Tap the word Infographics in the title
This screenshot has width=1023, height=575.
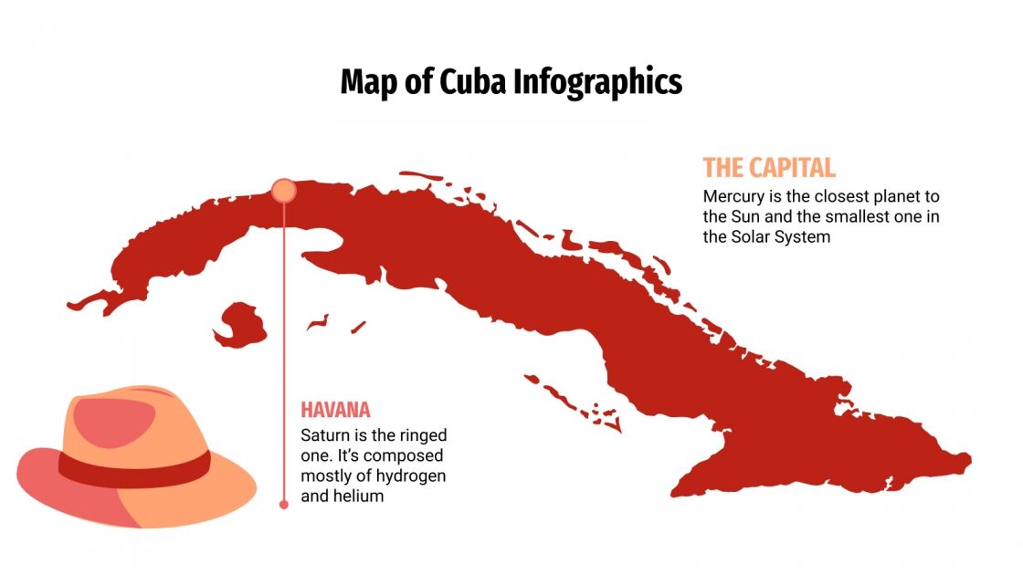(597, 81)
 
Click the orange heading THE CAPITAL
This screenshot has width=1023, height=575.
(768, 168)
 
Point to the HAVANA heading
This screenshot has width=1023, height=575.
(335, 411)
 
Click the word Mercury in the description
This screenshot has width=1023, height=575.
(733, 196)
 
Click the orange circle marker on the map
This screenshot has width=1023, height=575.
(283, 190)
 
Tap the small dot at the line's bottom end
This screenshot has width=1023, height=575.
(283, 504)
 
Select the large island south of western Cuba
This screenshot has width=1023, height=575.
(239, 326)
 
